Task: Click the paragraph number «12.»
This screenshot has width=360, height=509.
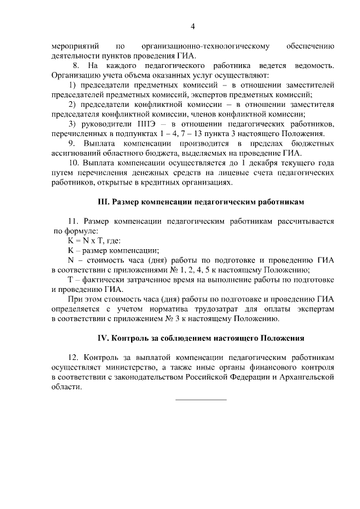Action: (x=74, y=358)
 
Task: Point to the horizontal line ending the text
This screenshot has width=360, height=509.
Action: (x=201, y=399)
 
